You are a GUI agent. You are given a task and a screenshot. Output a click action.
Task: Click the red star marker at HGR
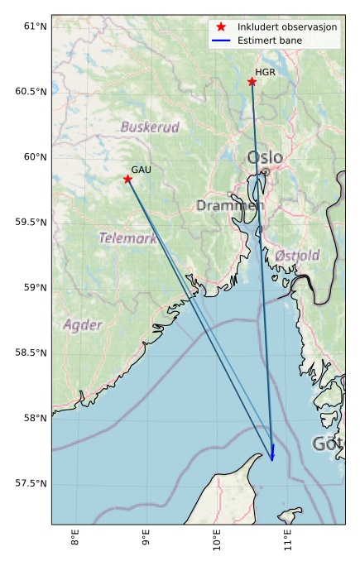click(x=252, y=81)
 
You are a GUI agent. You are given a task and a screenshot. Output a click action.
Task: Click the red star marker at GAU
click(x=128, y=179)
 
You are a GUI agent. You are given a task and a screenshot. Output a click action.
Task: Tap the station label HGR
click(x=265, y=72)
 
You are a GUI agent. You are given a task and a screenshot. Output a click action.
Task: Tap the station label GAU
click(x=141, y=170)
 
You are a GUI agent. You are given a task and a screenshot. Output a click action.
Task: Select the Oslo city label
click(x=265, y=157)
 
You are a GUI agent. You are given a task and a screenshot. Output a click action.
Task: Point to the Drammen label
click(x=230, y=205)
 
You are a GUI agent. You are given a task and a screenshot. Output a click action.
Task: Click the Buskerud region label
click(x=150, y=127)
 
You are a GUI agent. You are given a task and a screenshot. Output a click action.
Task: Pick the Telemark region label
click(x=127, y=238)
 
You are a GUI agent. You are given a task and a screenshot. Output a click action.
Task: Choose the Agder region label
click(x=83, y=324)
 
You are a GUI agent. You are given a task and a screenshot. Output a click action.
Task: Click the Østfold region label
click(x=297, y=255)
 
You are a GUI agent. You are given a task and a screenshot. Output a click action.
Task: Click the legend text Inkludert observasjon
click(x=286, y=26)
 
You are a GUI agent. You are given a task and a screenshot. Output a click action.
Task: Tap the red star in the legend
click(x=220, y=26)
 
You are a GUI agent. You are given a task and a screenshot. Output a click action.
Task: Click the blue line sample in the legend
click(x=220, y=40)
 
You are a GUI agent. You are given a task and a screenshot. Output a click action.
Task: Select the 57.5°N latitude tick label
click(x=31, y=483)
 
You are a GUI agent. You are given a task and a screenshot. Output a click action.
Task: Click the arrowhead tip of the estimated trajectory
click(x=272, y=460)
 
